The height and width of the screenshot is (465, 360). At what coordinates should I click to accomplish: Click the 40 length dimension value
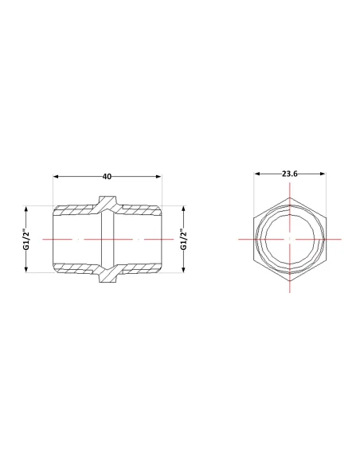coord(107,177)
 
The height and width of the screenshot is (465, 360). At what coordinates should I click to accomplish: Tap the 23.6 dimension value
coord(289,174)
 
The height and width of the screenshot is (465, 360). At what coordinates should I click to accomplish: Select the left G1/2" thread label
coord(26,239)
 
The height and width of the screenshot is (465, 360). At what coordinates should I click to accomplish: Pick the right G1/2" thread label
coord(184,239)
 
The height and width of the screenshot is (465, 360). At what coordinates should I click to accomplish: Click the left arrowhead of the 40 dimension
coord(56,177)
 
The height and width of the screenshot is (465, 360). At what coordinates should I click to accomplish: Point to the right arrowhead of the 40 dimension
coord(158,177)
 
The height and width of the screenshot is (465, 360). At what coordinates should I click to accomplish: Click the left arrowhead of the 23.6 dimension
coord(257,174)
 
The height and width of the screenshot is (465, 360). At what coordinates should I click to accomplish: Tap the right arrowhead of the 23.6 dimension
coord(323,174)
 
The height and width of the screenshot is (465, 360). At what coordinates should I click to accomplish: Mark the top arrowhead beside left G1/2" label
coord(26,209)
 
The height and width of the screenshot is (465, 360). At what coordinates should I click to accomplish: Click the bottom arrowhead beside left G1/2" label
coord(26,269)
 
